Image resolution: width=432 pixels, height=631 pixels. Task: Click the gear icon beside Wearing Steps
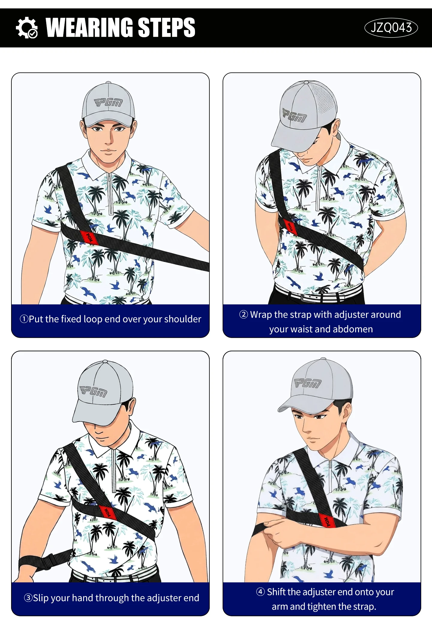coord(26,28)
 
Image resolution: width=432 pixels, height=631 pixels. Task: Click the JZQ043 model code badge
coord(391,28)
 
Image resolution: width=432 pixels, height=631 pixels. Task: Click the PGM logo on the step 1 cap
coord(108,103)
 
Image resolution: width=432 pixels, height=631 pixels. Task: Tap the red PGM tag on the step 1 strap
coord(89,237)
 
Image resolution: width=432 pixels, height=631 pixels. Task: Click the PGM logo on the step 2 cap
coord(294,116)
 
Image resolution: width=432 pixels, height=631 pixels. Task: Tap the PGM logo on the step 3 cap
coord(93,391)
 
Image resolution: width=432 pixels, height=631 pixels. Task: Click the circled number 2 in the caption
coord(244,314)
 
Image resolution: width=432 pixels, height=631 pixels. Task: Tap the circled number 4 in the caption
coord(260,592)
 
